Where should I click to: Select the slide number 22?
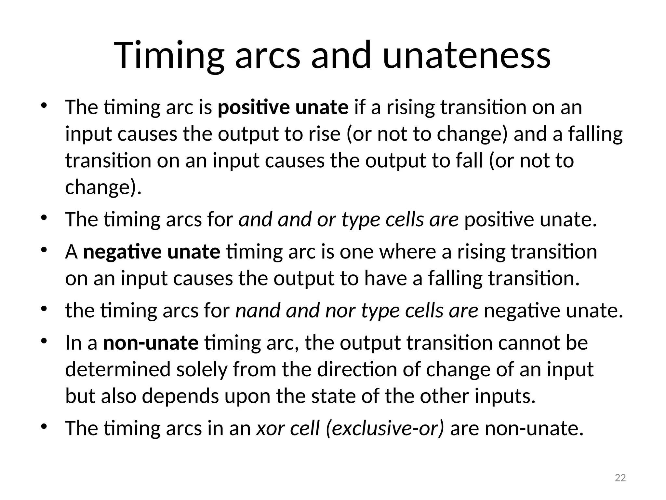click(620, 478)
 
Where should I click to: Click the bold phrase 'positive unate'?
click(283, 107)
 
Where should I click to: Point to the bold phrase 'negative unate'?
click(152, 252)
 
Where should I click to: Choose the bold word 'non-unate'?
click(151, 343)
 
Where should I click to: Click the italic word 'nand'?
click(257, 310)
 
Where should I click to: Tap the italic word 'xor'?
click(270, 428)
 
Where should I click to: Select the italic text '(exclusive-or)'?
click(384, 428)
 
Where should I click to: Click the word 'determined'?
click(118, 369)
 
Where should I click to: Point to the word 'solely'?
click(202, 369)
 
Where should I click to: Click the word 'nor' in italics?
click(340, 310)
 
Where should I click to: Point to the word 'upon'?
click(245, 396)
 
